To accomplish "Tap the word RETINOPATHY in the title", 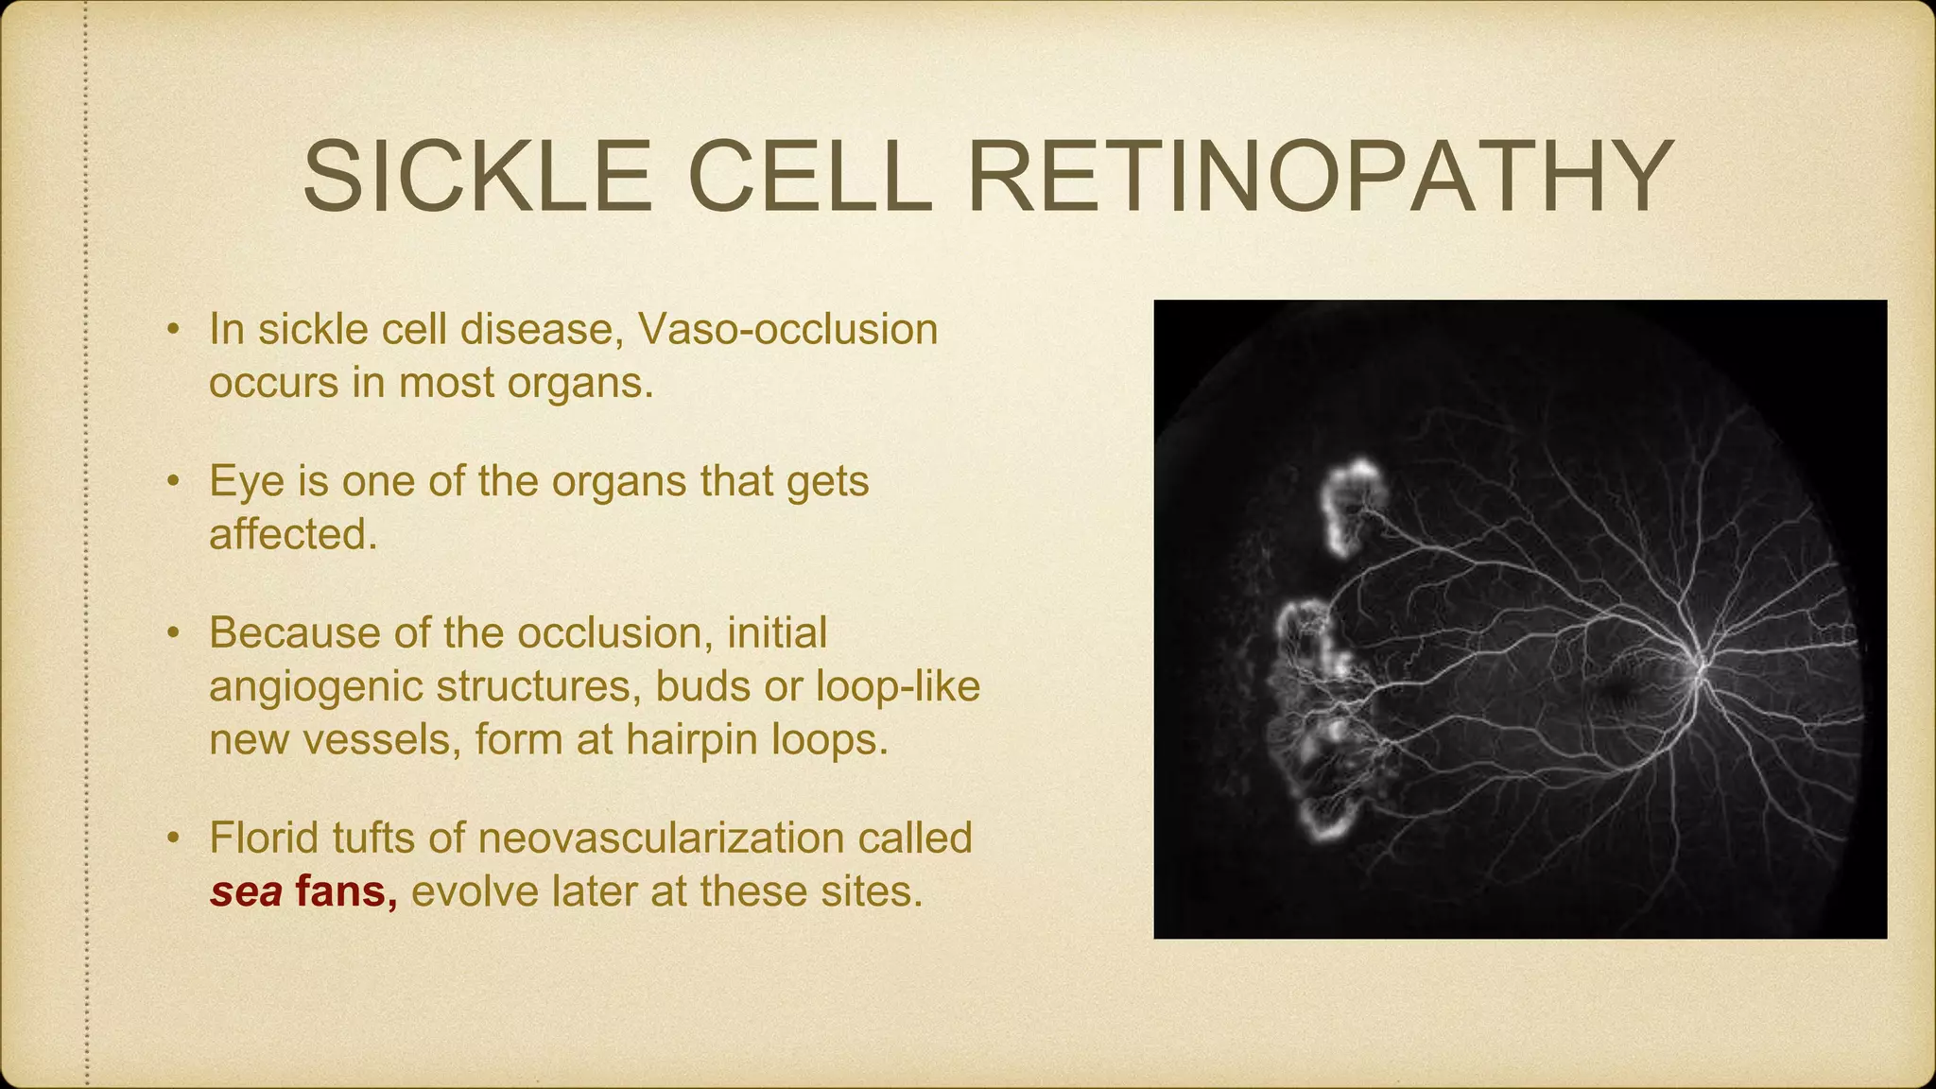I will [1320, 178].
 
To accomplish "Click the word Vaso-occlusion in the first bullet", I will [787, 330].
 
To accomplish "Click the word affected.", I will [293, 535].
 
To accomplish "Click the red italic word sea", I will [246, 891].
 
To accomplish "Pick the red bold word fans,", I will [346, 891].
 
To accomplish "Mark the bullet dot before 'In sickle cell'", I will [172, 331].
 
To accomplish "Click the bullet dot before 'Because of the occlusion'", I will [172, 634].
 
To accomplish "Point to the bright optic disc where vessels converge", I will [1697, 667].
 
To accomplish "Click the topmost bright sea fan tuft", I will [1354, 501].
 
